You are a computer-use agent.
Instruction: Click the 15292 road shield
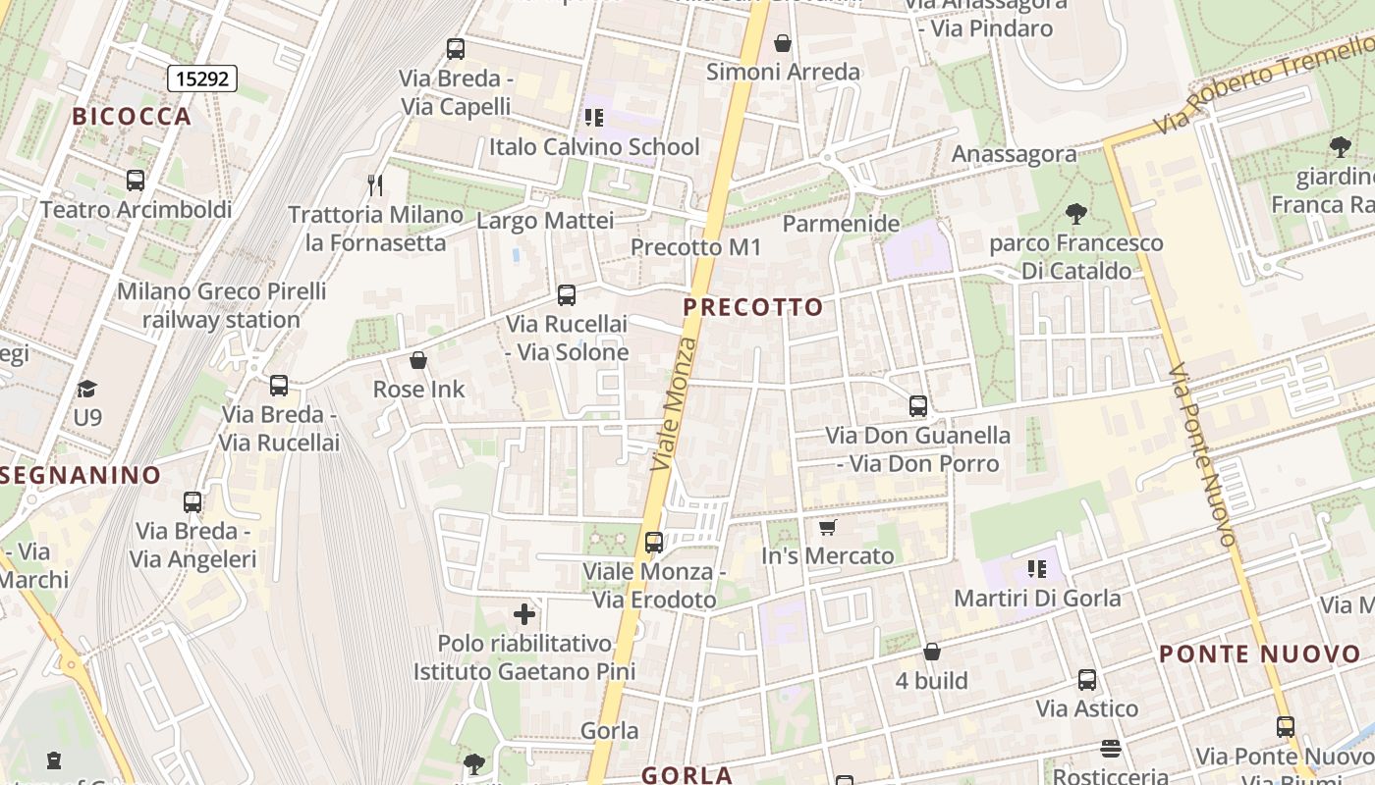(202, 78)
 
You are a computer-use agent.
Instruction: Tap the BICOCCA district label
(132, 116)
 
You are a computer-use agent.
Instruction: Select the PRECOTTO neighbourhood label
(753, 307)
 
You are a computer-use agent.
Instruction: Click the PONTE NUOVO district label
(1260, 654)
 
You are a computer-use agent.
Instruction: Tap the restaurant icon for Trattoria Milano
(374, 184)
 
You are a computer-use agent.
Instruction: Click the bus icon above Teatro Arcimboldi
(136, 181)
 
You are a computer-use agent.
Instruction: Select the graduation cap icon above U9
(87, 389)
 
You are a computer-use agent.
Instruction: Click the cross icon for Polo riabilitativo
(524, 614)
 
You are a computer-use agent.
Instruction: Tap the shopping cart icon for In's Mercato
(828, 528)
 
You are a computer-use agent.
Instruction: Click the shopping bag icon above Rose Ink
(418, 360)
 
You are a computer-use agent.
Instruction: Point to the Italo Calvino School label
(594, 147)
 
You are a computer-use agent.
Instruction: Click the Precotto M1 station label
(695, 247)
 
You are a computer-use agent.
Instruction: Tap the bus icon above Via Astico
(1087, 680)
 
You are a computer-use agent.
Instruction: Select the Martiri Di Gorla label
(1037, 598)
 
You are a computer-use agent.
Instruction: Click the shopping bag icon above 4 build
(932, 652)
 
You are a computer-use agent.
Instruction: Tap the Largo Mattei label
(545, 221)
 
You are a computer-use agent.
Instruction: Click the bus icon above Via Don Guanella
(918, 406)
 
